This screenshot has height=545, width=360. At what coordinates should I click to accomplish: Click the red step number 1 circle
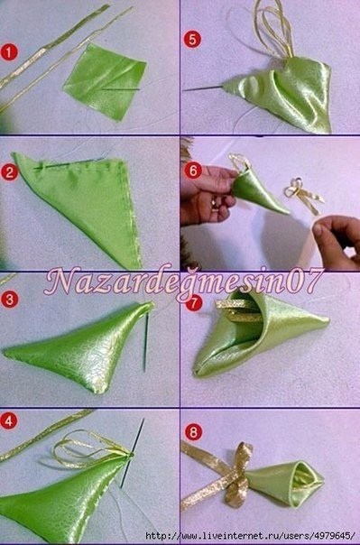click(10, 52)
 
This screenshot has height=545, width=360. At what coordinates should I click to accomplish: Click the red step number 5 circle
click(191, 41)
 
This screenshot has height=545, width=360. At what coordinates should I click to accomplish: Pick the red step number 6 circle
click(191, 171)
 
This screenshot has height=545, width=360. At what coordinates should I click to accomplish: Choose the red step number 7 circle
click(192, 303)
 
